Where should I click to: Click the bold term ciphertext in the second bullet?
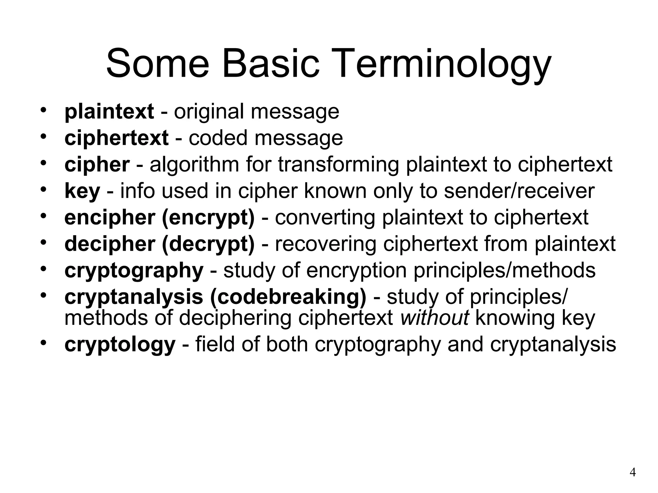click(x=116, y=138)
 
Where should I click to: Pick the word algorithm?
click(x=194, y=164)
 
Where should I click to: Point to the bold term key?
click(x=82, y=191)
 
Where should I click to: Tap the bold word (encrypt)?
click(x=208, y=218)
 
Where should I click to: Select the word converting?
click(x=325, y=218)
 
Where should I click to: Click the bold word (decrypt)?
click(x=208, y=244)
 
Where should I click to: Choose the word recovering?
click(x=325, y=244)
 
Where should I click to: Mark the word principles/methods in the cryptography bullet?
click(x=504, y=271)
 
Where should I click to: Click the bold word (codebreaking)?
click(x=288, y=297)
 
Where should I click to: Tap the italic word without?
click(x=434, y=318)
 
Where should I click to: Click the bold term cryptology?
click(x=120, y=344)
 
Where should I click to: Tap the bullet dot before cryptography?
click(x=44, y=268)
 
